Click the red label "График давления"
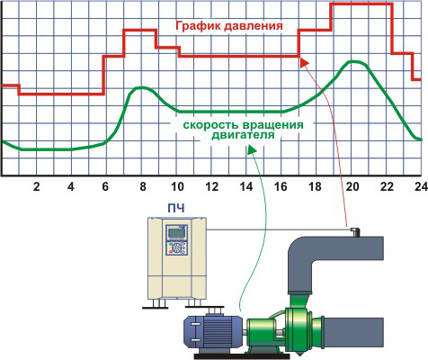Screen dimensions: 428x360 coord(229,26)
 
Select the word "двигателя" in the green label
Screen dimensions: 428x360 coord(243,135)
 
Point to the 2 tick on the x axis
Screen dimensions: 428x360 coord(36,186)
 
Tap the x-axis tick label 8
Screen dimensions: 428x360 coord(143,186)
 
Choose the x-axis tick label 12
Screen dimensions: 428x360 coord(211,186)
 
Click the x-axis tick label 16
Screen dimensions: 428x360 coord(281,186)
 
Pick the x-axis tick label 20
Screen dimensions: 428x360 coord(352,186)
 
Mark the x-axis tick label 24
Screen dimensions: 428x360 coord(421,186)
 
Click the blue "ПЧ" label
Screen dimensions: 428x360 coord(176,208)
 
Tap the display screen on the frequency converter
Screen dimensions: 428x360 coord(176,233)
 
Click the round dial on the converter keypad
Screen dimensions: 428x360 coord(179,248)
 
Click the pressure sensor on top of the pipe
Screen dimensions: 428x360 coord(355,232)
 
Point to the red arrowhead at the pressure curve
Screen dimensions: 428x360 coord(304,62)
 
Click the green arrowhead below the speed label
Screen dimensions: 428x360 coord(252,150)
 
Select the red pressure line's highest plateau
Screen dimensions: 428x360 coord(361,4)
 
